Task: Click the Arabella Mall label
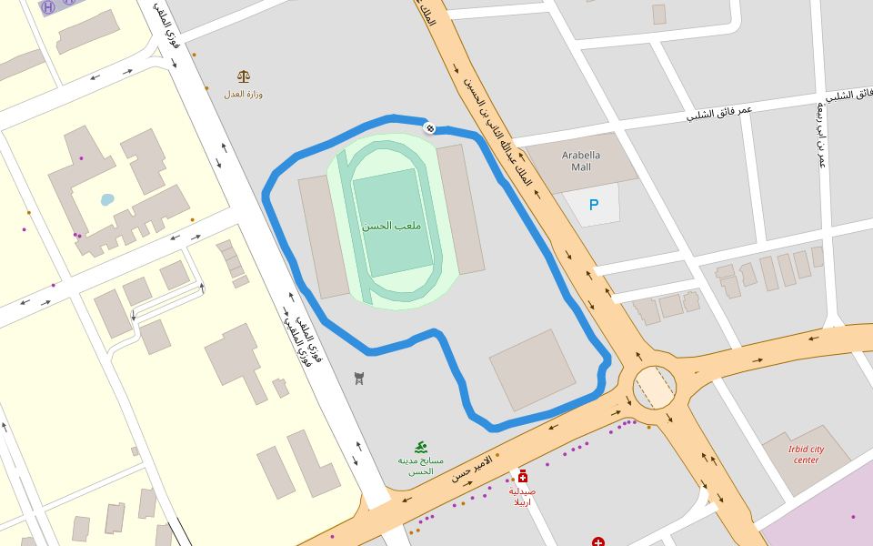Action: coord(581,161)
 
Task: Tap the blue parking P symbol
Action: coord(594,206)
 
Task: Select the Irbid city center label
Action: coord(806,454)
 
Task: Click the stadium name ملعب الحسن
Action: coord(391,225)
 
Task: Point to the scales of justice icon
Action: coord(243,77)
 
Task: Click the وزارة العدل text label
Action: coord(243,94)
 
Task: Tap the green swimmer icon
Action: coord(420,447)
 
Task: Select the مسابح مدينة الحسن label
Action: coord(420,466)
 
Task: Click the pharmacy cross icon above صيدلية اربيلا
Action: coord(522,477)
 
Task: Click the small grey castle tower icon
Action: coord(359,378)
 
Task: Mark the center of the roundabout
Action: coord(655,388)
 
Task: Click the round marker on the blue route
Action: coord(429,128)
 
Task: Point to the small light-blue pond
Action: coord(107,199)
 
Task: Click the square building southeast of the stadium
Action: coord(532,369)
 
